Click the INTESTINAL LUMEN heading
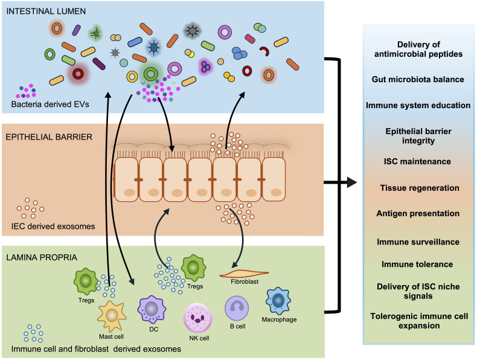[46, 11]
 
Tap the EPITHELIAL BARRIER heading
[49, 137]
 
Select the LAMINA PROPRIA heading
[42, 257]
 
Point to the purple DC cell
[152, 309]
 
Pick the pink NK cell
[197, 318]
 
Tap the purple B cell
[237, 308]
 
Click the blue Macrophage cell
[278, 301]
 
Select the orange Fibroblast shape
[244, 274]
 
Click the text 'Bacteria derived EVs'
[50, 104]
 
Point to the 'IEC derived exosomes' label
[53, 227]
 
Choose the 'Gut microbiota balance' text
[418, 79]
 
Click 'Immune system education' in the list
[418, 105]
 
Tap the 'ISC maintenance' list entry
[417, 161]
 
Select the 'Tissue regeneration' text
[420, 188]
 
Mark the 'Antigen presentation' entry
[418, 213]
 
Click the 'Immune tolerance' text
[417, 264]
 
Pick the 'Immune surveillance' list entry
[418, 242]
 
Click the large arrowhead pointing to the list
[352, 182]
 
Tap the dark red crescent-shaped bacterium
[265, 51]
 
